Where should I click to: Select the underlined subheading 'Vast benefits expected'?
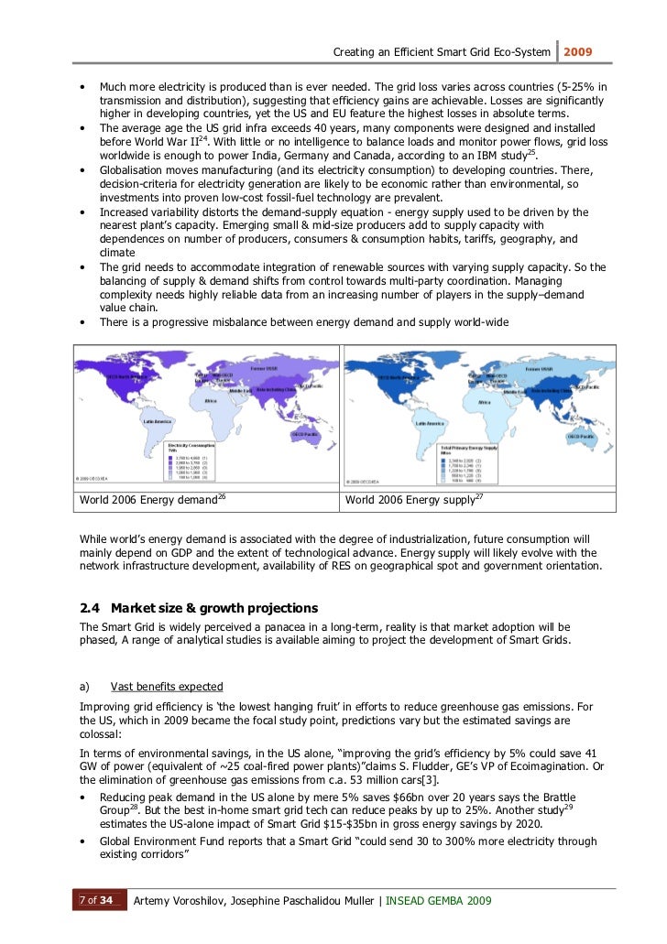[166, 687]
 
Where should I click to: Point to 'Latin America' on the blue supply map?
[431, 423]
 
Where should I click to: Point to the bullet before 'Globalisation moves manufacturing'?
[85, 170]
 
